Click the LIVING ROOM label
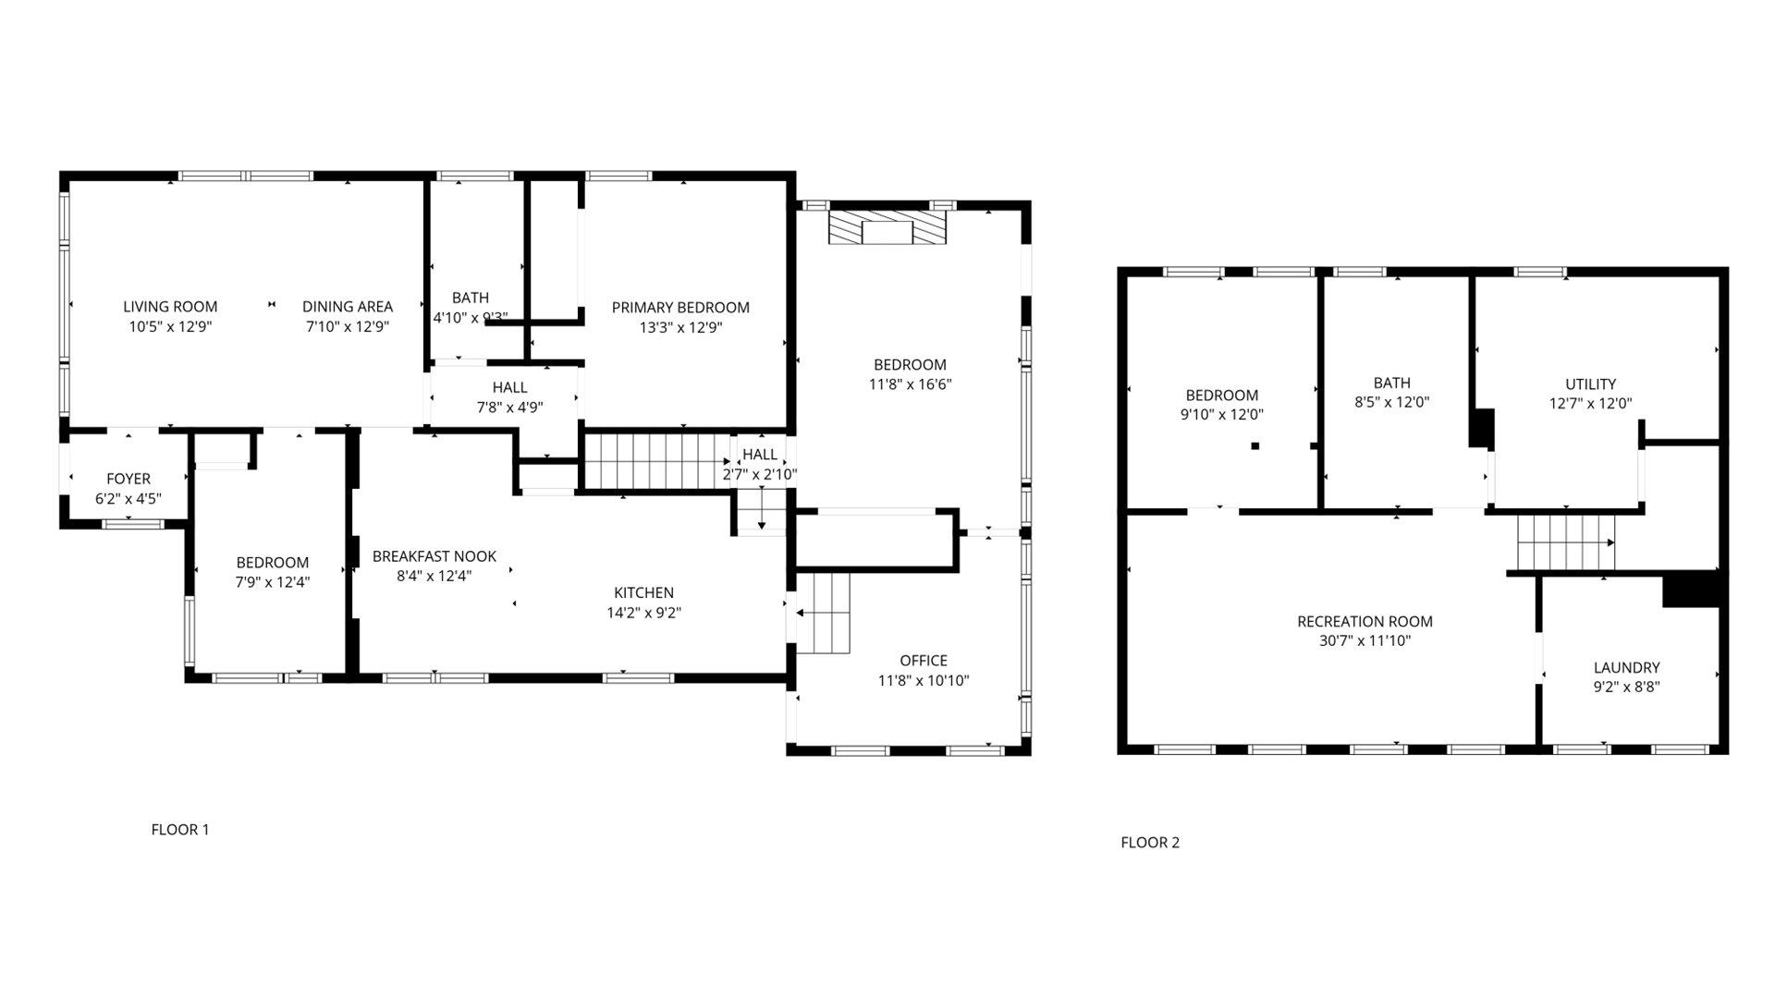coord(170,307)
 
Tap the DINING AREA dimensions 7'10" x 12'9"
coord(347,326)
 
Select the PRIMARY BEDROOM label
coord(680,308)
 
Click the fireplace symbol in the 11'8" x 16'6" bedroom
coord(887,228)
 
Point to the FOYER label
coord(128,479)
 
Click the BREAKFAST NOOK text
coord(435,556)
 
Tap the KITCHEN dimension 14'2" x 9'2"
coord(643,613)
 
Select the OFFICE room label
coord(924,661)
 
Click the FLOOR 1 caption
coord(180,830)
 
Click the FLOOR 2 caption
coord(1150,843)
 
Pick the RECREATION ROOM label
coord(1365,622)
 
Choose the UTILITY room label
coord(1590,384)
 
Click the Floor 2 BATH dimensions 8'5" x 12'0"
coord(1391,403)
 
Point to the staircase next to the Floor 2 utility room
coord(1565,542)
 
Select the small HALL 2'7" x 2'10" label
coord(760,455)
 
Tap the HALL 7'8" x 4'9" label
coord(509,388)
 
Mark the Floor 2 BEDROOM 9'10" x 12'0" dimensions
coord(1221,415)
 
